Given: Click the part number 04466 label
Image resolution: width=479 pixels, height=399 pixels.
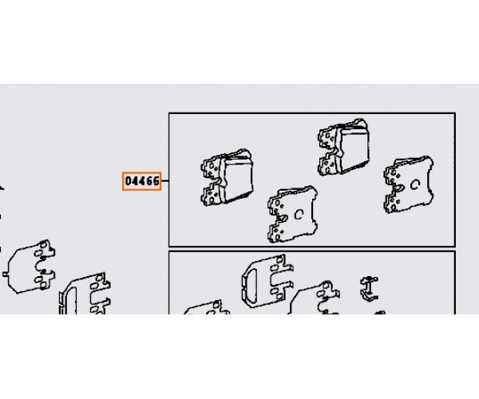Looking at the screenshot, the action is tap(142, 181).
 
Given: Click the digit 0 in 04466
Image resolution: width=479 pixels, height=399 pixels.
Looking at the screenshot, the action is tap(129, 181).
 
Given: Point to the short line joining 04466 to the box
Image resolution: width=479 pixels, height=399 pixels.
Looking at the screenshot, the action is tap(164, 180).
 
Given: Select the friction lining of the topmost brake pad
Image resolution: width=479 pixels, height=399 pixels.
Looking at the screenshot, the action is tap(355, 149).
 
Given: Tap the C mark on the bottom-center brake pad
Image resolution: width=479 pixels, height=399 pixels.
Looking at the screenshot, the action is tap(299, 215).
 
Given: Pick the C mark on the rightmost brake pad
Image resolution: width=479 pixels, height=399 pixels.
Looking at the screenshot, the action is tap(414, 185).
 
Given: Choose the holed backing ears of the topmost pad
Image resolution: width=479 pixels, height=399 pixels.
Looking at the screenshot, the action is tap(328, 152).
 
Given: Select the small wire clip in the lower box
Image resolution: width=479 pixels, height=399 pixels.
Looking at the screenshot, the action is tap(370, 289).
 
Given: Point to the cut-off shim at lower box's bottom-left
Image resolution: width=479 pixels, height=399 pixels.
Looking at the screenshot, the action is tap(207, 307).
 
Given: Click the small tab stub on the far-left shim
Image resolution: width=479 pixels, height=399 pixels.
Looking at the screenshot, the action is tap(6, 275).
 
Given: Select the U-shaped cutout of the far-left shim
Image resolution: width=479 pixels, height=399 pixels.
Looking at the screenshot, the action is tap(41, 266).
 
